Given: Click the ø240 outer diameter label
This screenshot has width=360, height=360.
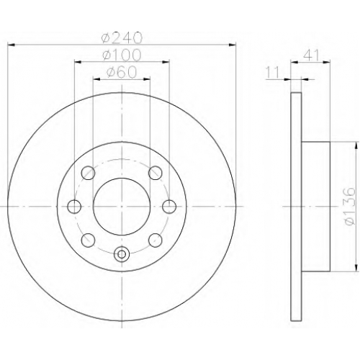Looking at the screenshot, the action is pos(122,37).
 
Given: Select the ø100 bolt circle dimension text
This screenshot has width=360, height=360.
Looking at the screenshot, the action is pos(122,55).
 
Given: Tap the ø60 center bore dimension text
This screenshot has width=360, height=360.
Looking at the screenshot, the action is pos(122,72).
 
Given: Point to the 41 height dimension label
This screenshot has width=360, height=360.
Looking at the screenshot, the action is pos(311,55).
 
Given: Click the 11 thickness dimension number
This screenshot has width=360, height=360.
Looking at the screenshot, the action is pos(273,72).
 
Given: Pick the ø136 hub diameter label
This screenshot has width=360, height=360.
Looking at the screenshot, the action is pos(348,206).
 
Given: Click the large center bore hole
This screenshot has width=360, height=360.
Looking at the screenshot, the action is pos(122,207).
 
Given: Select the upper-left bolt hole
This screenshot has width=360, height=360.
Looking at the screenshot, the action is pos(88,173).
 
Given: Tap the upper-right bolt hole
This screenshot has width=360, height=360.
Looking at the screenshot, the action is pos(156,173).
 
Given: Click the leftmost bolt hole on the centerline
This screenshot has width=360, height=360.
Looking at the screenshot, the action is pos(74,207).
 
